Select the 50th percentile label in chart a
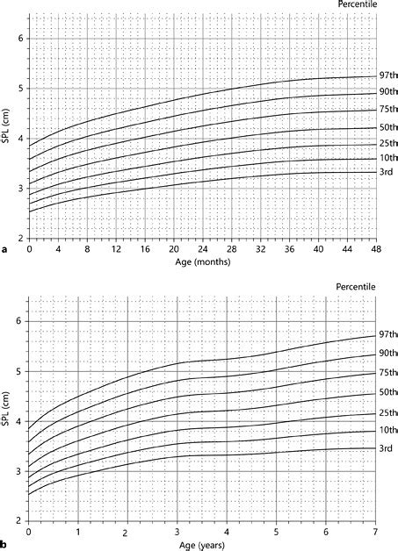(387, 128)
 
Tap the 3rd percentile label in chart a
(384, 173)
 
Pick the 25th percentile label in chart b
(387, 413)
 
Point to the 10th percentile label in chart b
(387, 430)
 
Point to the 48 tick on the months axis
(375, 249)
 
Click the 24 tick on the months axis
(202, 249)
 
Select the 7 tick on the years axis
(375, 533)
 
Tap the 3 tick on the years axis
(177, 533)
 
